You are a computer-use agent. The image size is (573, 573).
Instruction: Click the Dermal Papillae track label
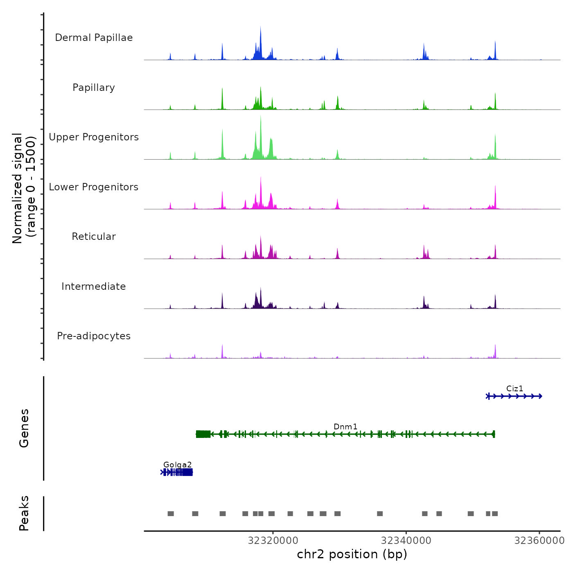(94, 38)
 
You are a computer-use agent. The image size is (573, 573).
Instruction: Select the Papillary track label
(94, 88)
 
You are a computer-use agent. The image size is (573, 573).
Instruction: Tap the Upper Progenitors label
(94, 137)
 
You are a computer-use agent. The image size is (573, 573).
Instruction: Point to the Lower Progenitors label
(94, 187)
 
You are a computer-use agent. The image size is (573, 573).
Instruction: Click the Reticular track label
(94, 237)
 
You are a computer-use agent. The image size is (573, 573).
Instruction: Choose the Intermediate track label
(94, 286)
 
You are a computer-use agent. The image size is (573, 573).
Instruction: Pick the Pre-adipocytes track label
(94, 336)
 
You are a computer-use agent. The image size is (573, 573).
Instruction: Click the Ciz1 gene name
(514, 388)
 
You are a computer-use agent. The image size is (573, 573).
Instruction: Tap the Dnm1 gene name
(345, 426)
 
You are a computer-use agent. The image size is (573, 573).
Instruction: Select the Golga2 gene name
(177, 465)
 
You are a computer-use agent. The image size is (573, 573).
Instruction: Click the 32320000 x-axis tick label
(273, 541)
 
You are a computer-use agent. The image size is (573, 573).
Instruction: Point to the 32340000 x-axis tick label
(406, 541)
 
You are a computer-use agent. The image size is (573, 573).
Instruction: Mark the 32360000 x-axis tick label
(539, 541)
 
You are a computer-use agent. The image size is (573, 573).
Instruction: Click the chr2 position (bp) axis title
(352, 554)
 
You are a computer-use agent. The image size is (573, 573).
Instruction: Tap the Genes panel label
(24, 428)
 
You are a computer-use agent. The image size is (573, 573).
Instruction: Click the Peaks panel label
(24, 513)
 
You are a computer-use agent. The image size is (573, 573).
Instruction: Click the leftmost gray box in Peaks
(171, 514)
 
